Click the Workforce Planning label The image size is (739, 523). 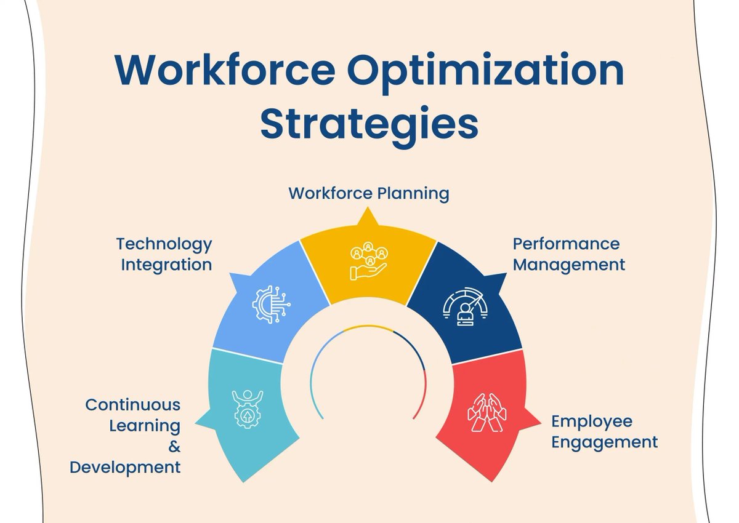(x=369, y=193)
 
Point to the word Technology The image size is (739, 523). (x=164, y=244)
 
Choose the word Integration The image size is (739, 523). (x=166, y=265)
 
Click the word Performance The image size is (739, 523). (x=566, y=244)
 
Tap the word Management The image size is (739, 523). (x=569, y=265)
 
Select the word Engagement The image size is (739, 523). (x=604, y=442)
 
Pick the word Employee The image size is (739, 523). (x=591, y=421)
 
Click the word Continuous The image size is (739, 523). (x=133, y=405)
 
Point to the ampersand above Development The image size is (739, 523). (x=174, y=446)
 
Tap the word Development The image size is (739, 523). (x=125, y=467)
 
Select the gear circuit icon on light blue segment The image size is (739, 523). (x=271, y=302)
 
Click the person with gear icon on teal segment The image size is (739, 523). (x=248, y=408)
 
